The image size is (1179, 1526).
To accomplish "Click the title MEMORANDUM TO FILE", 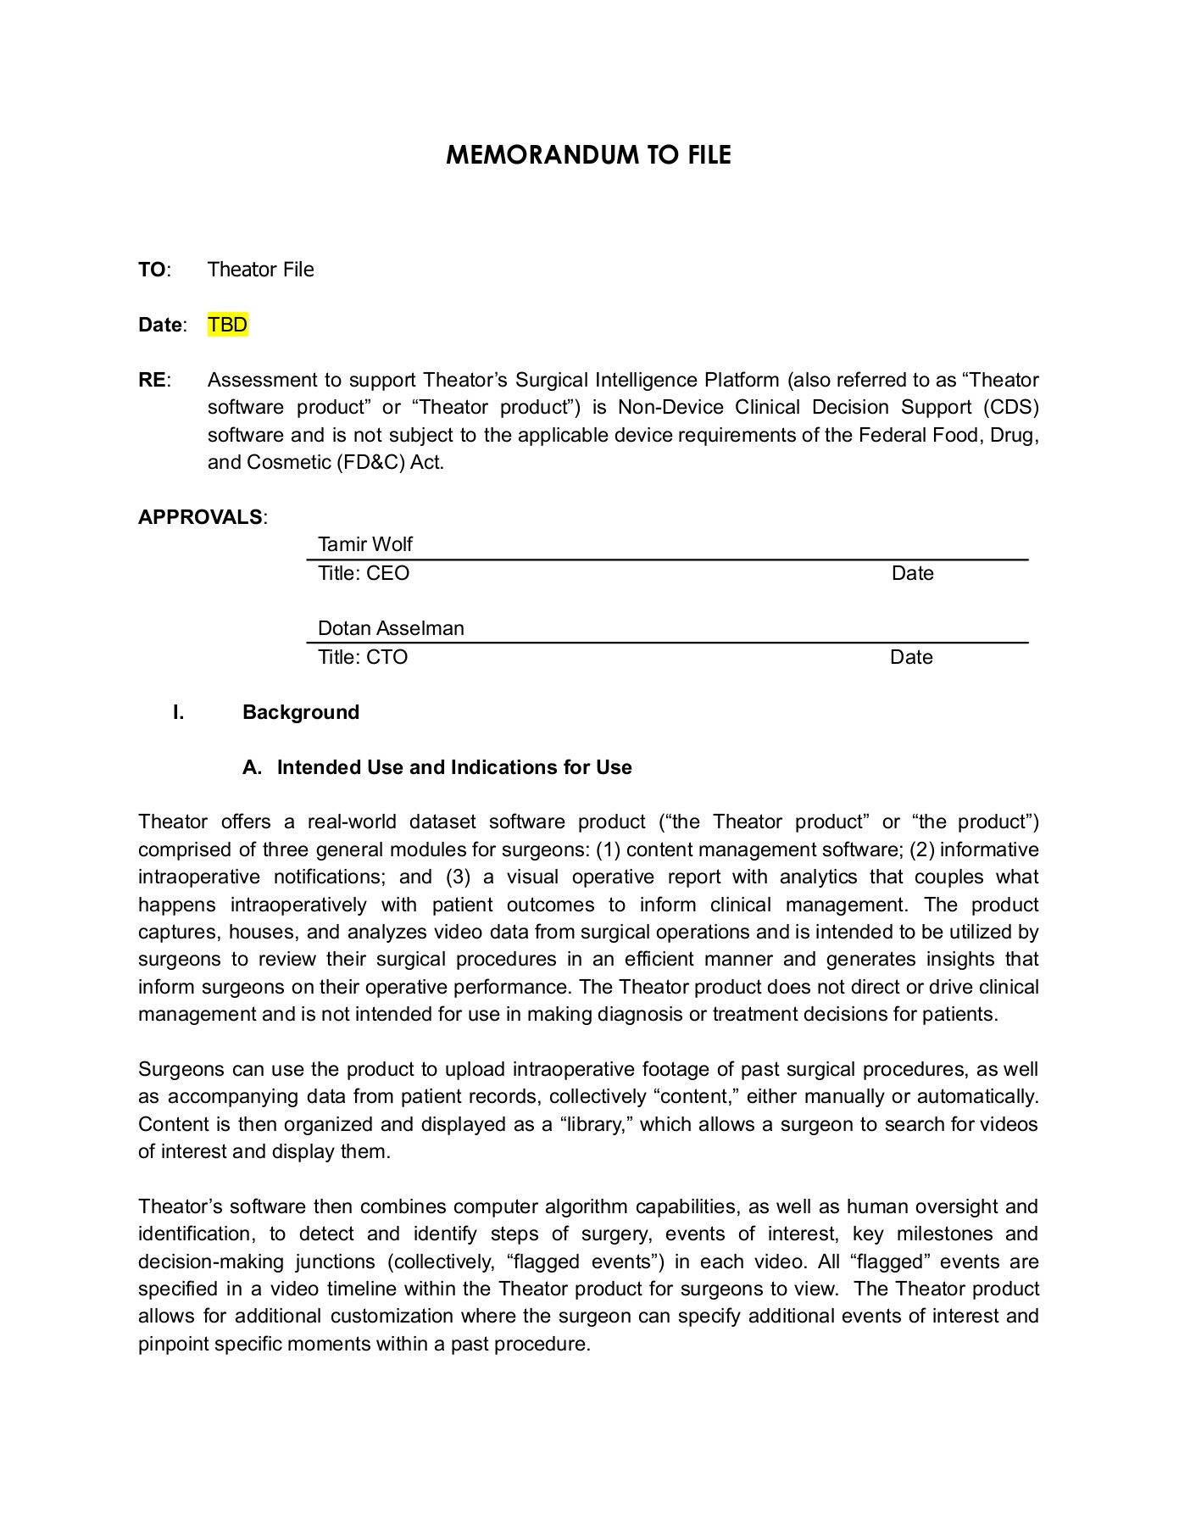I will (x=588, y=155).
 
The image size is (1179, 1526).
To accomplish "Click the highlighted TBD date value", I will (x=228, y=325).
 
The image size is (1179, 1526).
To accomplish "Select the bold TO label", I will (x=152, y=270).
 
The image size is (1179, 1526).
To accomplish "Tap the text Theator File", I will (x=260, y=270).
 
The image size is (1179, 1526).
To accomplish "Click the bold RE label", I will (x=152, y=380).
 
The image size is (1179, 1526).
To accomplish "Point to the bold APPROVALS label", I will (x=200, y=517).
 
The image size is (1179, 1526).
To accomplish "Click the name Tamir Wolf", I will (x=364, y=544).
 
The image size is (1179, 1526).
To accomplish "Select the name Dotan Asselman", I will (x=391, y=628).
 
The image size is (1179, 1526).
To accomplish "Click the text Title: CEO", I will (x=363, y=573).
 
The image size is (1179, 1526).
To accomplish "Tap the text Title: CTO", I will (x=362, y=657).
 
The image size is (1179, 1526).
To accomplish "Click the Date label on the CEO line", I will (x=912, y=573).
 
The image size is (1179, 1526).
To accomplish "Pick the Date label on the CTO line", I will (x=911, y=657).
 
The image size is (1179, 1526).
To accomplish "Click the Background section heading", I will (x=301, y=712).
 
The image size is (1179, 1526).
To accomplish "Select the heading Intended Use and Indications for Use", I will (x=454, y=767).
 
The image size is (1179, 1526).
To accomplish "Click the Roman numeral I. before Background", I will (x=178, y=712).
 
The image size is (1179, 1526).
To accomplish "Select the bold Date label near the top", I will (x=160, y=325).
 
